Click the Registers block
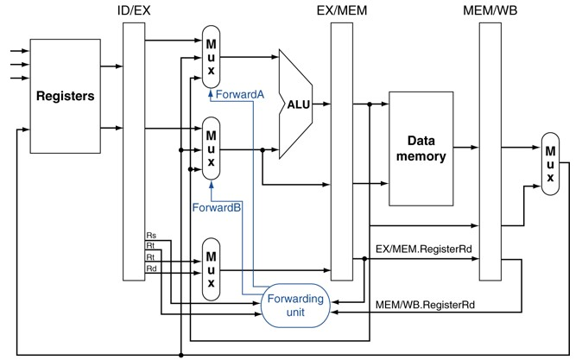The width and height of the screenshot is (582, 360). [x=64, y=95]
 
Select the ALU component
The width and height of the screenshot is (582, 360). [x=296, y=104]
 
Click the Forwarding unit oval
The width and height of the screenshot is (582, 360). [x=295, y=305]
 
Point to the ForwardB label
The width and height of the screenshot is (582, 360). [x=218, y=207]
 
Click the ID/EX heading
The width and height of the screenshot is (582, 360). [x=134, y=10]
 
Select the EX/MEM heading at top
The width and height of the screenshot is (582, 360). [x=343, y=10]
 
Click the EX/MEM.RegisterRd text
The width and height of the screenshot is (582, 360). [x=424, y=249]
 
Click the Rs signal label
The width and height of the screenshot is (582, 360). [x=152, y=235]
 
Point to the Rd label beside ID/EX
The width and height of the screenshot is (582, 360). [x=152, y=268]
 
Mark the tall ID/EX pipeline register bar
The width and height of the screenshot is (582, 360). [x=134, y=151]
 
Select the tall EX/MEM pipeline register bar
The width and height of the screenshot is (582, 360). [x=343, y=151]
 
